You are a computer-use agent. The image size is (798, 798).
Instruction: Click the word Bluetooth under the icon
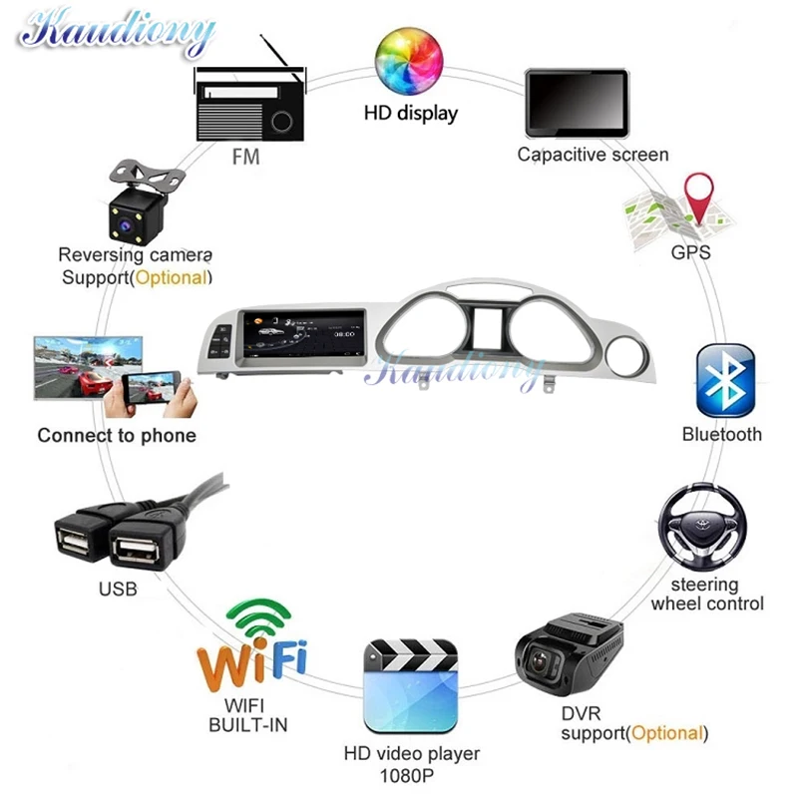pos(722,435)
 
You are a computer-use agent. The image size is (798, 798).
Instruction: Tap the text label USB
pos(118,590)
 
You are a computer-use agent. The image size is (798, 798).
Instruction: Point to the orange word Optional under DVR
pos(667,733)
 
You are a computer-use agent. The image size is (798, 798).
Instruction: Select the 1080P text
pos(411,775)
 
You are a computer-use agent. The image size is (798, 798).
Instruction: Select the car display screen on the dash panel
pos(299,336)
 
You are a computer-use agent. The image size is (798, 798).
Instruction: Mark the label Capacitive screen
pos(593,155)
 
